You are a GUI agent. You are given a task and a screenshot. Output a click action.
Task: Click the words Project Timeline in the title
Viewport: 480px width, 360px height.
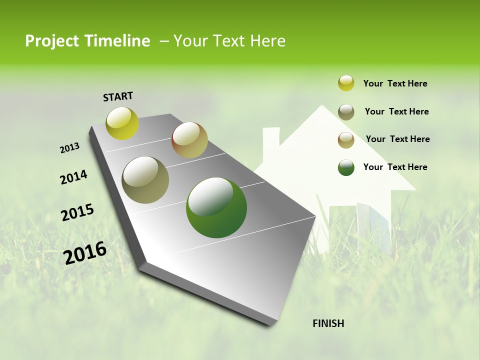pos(87,41)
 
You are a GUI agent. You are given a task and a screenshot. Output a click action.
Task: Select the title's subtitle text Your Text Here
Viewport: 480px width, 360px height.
pos(229,41)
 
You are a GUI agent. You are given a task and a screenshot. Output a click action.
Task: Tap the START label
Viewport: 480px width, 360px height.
pos(118,96)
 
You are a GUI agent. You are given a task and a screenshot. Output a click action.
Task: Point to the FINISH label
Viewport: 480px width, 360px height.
pos(328,323)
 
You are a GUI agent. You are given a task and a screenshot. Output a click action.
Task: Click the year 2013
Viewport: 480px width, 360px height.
pos(69,148)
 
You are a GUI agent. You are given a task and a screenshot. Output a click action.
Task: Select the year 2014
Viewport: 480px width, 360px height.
pos(73,177)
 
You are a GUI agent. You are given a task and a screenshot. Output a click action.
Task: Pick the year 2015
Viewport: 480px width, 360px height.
pos(77,212)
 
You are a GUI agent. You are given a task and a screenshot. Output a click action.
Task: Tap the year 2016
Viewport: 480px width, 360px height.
pos(85,252)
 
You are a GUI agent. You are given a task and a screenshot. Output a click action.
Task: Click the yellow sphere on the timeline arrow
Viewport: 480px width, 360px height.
pos(122,123)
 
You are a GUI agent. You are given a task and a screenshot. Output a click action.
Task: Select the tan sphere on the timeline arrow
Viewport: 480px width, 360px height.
pos(189,140)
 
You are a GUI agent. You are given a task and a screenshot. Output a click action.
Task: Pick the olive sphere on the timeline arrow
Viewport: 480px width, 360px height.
pos(145,180)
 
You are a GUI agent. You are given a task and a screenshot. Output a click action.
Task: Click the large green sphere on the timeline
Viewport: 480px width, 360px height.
pos(216,207)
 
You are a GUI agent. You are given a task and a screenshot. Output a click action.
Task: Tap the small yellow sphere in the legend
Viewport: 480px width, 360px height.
pos(346,83)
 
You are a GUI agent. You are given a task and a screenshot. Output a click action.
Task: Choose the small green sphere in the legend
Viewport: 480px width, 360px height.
pos(346,167)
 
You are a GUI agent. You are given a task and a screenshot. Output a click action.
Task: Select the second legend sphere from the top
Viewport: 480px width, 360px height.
pos(346,112)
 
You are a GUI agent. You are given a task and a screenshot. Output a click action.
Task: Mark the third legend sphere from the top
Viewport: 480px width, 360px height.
pos(346,140)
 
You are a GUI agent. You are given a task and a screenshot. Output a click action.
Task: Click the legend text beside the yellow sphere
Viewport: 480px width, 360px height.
pos(395,83)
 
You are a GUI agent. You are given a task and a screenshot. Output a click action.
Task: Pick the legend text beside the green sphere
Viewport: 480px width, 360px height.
pos(395,167)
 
